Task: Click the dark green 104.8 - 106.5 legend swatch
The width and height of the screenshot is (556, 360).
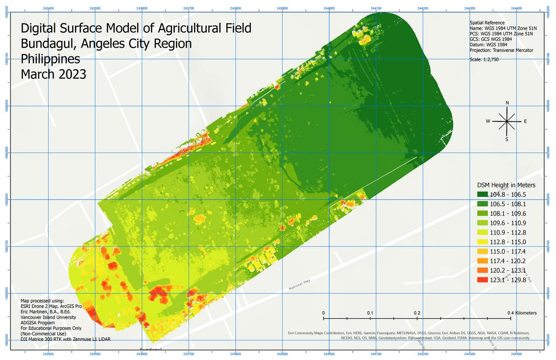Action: [x=485, y=195]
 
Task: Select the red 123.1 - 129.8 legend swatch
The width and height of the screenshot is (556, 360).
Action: [x=485, y=280]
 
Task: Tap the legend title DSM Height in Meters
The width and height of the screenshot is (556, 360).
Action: [x=506, y=185]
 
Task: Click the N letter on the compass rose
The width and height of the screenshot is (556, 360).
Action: [x=507, y=103]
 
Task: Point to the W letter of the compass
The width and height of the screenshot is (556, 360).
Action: [x=488, y=121]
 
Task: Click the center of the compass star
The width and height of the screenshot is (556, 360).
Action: [x=507, y=121]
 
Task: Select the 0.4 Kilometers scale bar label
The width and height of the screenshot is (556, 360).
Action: [x=522, y=313]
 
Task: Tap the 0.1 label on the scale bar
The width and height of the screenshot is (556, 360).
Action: [x=370, y=313]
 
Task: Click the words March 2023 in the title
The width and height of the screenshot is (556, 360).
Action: [x=53, y=74]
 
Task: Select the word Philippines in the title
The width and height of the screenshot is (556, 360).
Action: [x=50, y=59]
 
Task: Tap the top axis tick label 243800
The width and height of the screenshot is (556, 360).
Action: [x=235, y=8]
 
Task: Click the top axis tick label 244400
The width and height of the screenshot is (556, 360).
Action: [x=516, y=8]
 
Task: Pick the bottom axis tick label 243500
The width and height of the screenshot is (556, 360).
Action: [x=95, y=353]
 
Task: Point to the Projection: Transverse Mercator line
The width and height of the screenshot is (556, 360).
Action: [x=501, y=50]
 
